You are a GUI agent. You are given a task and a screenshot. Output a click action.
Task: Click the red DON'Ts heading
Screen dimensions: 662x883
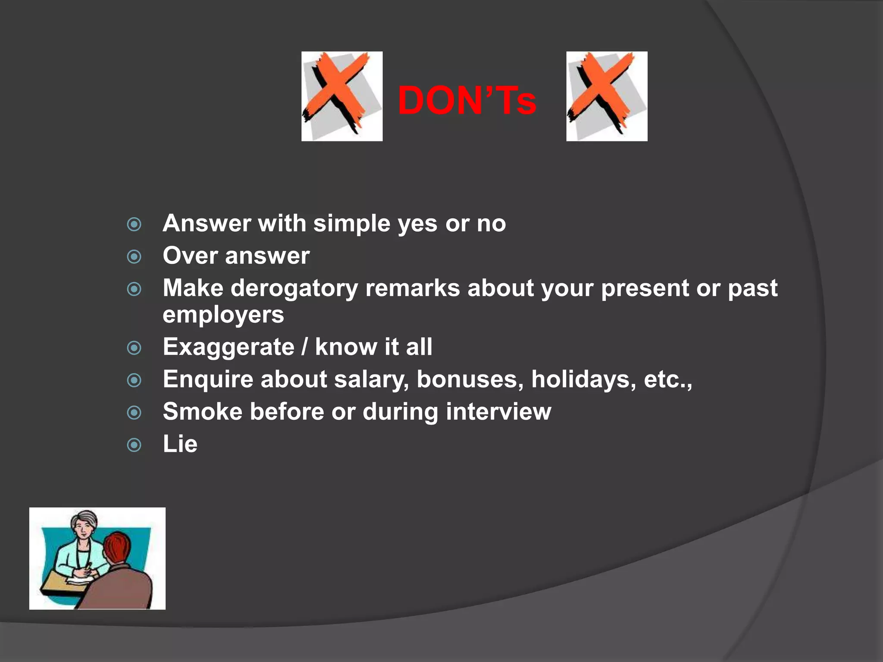[x=467, y=101]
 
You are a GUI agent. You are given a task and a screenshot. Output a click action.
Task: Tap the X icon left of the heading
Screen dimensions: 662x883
[x=342, y=96]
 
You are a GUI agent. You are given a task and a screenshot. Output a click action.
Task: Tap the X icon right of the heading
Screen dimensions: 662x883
[x=607, y=96]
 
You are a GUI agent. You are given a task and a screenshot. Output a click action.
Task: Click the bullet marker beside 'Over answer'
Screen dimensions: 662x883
[x=134, y=257]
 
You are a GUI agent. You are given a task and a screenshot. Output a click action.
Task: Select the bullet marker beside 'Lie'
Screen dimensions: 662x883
[x=134, y=445]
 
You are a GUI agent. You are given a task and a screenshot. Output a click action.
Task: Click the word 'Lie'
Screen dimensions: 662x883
[x=180, y=444]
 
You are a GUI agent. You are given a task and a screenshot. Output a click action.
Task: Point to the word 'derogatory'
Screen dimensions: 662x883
[x=294, y=288]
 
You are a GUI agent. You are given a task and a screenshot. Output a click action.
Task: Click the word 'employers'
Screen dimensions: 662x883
[x=223, y=315]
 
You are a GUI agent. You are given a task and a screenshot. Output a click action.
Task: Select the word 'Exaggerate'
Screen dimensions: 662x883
[x=229, y=347]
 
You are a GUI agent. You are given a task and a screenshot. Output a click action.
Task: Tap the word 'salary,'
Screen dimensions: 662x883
[x=371, y=380]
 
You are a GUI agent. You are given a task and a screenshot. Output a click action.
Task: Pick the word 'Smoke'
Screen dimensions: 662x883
[x=203, y=412]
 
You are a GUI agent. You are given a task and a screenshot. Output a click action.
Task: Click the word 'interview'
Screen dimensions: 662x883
[x=498, y=412]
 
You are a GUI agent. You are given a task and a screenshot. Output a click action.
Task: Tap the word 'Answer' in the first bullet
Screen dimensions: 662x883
[x=207, y=224]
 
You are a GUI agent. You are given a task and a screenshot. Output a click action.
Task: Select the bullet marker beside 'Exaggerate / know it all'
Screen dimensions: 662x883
[x=134, y=348]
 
